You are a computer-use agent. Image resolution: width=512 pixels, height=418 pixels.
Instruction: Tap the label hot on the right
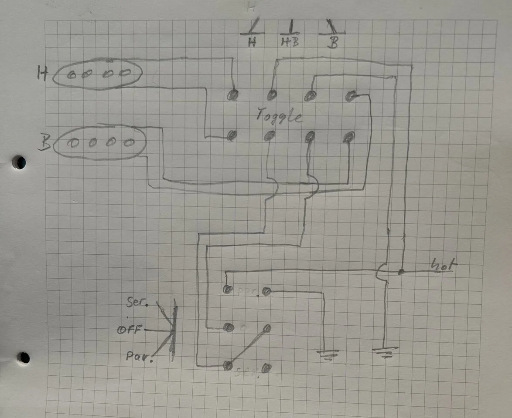443,264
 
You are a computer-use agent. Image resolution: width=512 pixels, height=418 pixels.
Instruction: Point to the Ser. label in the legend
136,302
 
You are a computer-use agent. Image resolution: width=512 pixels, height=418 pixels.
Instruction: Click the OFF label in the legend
130,330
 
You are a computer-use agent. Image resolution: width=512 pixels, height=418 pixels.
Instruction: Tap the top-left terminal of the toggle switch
234,94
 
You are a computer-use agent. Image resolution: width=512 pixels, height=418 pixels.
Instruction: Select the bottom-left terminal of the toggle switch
232,136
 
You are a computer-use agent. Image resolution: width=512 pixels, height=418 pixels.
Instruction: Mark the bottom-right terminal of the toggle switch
348,138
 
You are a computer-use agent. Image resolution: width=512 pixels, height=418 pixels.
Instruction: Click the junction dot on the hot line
400,272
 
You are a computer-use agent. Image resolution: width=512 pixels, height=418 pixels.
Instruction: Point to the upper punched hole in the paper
19,162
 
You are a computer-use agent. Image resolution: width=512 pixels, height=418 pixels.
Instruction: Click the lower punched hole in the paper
24,358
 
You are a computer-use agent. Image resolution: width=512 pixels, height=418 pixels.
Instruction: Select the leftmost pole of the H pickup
72,75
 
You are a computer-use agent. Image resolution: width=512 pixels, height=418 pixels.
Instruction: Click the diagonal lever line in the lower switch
247,347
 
